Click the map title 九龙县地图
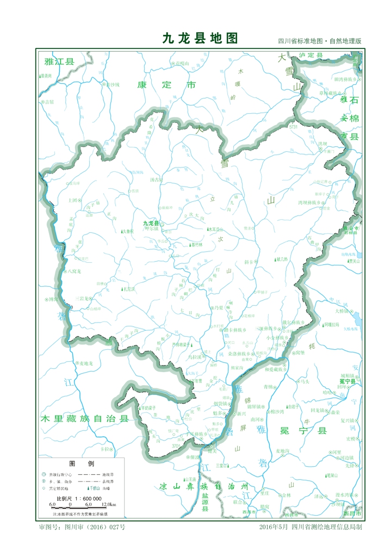(x=200, y=38)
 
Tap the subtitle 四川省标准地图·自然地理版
(x=319, y=41)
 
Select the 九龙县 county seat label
(x=151, y=223)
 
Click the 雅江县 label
(x=59, y=61)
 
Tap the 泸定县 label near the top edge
(x=311, y=55)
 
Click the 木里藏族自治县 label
(x=85, y=419)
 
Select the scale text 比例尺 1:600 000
(x=79, y=498)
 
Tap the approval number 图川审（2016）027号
(x=82, y=527)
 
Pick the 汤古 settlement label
(x=156, y=179)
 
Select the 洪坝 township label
(x=323, y=144)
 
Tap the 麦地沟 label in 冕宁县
(x=283, y=451)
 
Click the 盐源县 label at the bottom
(x=205, y=500)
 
